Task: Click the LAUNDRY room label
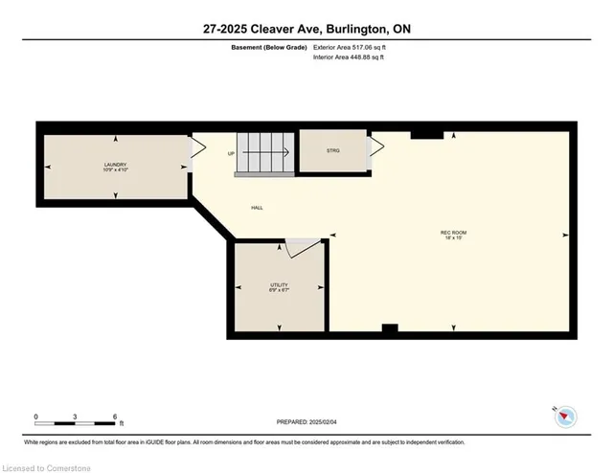point(116,166)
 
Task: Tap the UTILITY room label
point(279,286)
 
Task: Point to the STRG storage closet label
point(332,149)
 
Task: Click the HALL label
point(258,208)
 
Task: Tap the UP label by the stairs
point(231,153)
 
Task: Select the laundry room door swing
point(197,148)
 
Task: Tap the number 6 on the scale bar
point(114,417)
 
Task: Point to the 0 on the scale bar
point(35,417)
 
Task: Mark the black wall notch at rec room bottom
point(389,330)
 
